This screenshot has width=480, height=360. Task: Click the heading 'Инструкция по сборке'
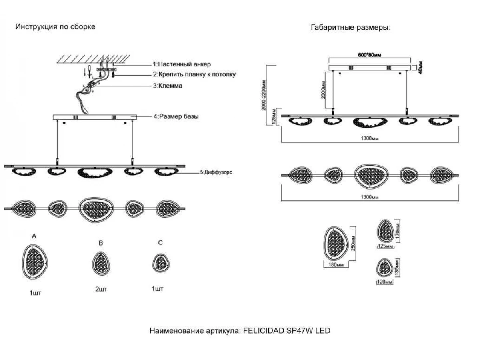pos(55,27)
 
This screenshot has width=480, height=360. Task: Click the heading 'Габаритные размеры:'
pos(350,28)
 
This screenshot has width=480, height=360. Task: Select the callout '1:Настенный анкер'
pos(182,64)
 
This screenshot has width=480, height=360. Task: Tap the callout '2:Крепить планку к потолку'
pos(194,74)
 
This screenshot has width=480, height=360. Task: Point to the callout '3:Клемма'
pos(168,86)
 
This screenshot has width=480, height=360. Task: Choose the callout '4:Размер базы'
pos(176,117)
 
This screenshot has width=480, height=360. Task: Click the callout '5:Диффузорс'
pos(216,173)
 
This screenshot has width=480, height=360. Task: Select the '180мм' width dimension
pos(336,265)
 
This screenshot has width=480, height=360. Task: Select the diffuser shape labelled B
pos(101,262)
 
